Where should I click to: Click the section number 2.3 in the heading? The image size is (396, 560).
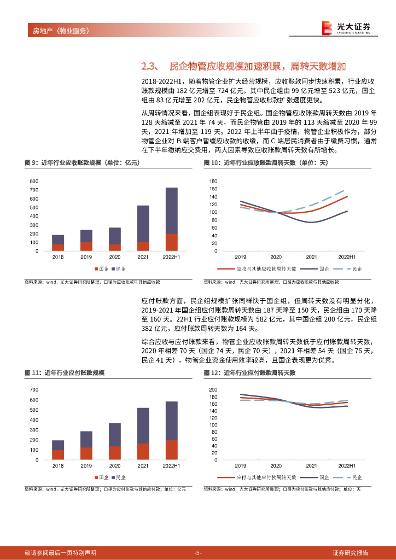(x=149, y=67)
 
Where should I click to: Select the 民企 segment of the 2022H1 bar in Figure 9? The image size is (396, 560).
(x=172, y=211)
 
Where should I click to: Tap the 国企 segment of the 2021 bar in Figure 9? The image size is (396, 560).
(x=143, y=246)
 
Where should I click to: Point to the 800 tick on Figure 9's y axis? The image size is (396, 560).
(x=34, y=181)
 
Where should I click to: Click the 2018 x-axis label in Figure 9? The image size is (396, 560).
(x=58, y=256)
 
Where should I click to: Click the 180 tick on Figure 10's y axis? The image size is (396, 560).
(x=214, y=181)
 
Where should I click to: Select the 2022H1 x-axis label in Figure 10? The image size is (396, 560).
(x=347, y=256)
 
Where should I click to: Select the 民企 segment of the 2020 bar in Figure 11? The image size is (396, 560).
(x=115, y=434)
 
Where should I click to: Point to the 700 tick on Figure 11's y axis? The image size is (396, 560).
(x=34, y=389)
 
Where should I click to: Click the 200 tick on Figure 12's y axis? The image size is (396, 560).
(x=214, y=389)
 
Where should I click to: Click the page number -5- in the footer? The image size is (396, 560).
(x=198, y=552)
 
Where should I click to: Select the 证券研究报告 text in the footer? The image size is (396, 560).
(x=351, y=552)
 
